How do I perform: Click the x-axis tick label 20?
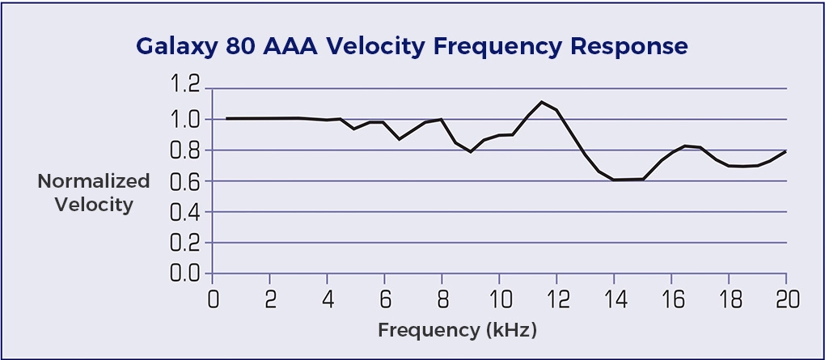(785, 299)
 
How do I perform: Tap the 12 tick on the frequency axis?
(556, 299)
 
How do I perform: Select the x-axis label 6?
(385, 299)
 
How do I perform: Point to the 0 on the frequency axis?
(214, 299)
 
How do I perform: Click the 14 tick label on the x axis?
(614, 299)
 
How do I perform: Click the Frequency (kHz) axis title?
(457, 330)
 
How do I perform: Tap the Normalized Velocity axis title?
(94, 193)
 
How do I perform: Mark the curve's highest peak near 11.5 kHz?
(542, 102)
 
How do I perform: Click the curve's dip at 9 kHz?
(471, 151)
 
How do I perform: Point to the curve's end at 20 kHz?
(785, 151)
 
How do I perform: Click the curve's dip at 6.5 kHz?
(399, 139)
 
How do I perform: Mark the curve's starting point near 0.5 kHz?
(227, 119)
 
